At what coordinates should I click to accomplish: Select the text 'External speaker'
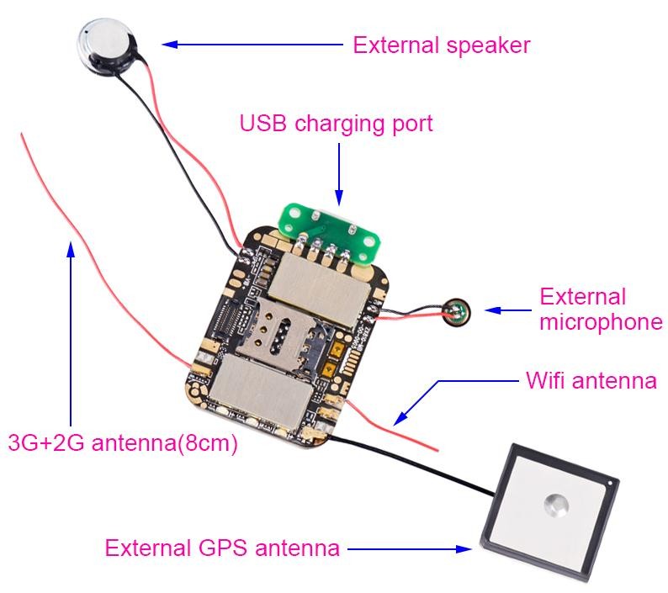pos(442,44)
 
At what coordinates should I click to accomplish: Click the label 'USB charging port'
pos(337,124)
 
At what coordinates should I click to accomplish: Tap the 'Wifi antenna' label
pos(591,380)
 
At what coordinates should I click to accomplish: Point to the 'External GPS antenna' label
pos(222,548)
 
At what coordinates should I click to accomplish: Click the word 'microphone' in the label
pos(601,321)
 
